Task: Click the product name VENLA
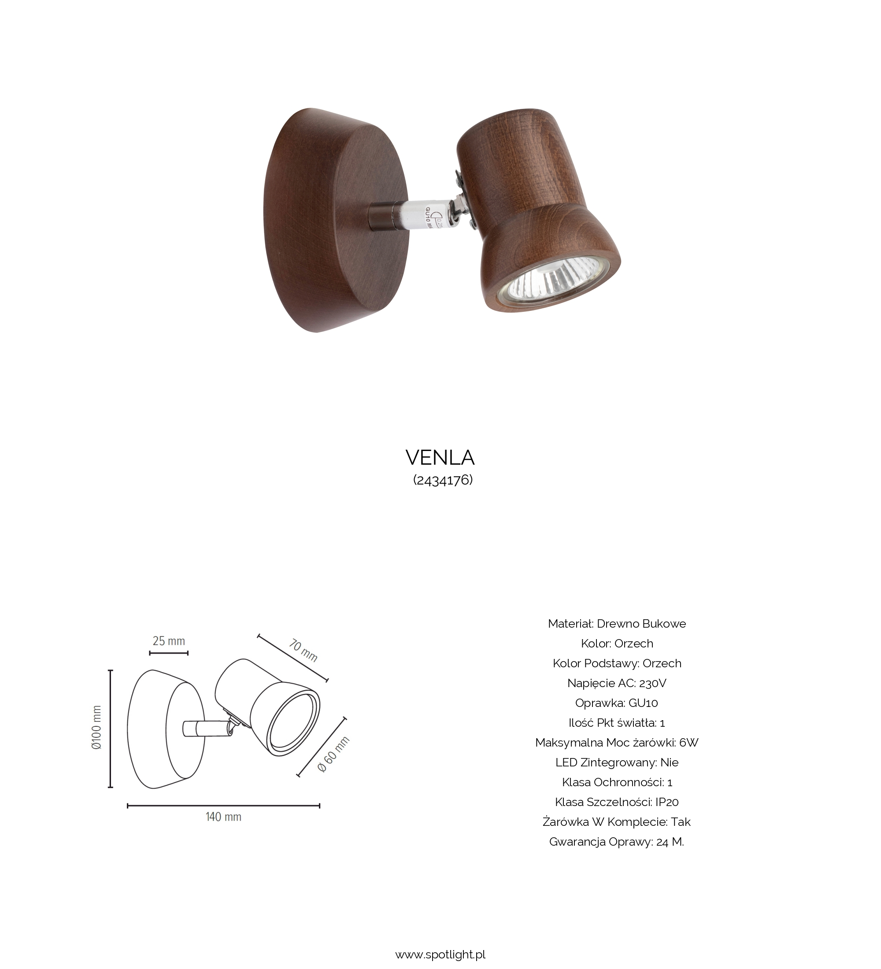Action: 440,458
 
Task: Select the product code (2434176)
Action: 443,480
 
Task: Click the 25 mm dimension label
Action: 169,641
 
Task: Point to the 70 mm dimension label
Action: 303,650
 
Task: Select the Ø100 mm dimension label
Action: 96,728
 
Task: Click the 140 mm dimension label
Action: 223,817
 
